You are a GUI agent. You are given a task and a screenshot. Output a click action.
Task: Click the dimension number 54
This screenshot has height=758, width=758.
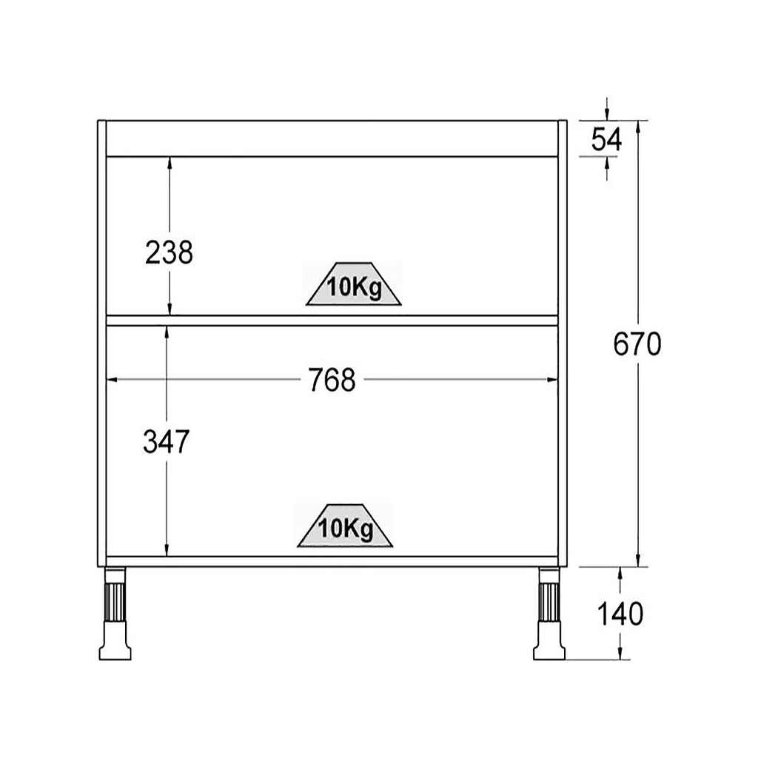click(607, 140)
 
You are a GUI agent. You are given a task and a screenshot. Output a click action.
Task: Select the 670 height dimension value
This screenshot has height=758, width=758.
click(637, 345)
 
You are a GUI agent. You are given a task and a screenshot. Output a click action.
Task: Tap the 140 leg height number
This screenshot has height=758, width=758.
click(620, 614)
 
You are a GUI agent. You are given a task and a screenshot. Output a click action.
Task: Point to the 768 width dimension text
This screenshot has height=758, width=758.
click(332, 380)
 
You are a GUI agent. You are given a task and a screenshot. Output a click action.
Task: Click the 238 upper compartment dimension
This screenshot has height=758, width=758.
click(169, 252)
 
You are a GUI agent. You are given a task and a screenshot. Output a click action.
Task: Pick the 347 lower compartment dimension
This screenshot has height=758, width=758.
click(166, 442)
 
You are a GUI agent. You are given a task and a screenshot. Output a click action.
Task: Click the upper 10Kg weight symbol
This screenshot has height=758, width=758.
click(354, 284)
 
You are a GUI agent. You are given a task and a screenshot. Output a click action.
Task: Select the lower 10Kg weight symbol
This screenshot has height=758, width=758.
click(345, 526)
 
